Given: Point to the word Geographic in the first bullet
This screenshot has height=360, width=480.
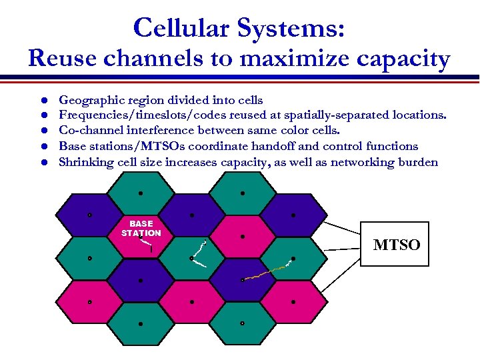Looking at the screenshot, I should (x=89, y=99).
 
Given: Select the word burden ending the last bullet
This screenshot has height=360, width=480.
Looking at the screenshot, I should (x=417, y=162).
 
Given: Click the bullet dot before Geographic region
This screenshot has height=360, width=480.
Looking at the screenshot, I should (x=41, y=100).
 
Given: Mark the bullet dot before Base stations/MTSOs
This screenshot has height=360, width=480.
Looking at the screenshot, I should (x=41, y=147).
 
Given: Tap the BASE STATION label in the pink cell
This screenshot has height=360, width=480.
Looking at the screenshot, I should (x=141, y=229).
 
